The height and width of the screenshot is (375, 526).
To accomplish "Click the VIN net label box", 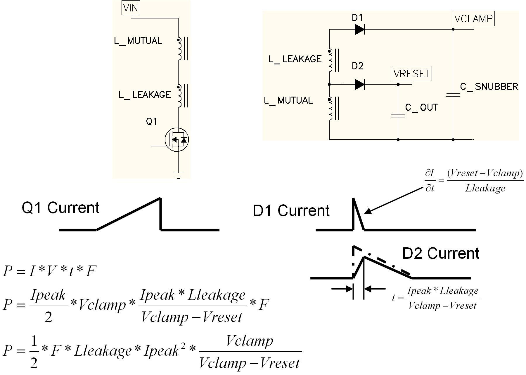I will (x=131, y=8).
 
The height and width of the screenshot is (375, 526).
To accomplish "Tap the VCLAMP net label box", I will (x=474, y=19).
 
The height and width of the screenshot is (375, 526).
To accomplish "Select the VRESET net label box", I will (x=412, y=73).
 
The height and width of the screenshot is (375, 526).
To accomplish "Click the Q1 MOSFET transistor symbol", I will (x=177, y=140).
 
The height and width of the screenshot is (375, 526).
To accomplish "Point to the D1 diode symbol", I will (x=359, y=29).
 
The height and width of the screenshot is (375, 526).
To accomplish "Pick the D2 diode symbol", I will (x=359, y=84).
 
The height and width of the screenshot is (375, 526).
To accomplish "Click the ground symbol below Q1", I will (x=178, y=175).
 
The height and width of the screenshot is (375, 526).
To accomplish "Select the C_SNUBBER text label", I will (x=489, y=87).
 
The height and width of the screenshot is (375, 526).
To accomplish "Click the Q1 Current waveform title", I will (x=60, y=208).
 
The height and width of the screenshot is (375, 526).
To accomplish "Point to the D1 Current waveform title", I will (x=291, y=211).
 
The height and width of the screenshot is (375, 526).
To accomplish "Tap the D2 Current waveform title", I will (x=441, y=254).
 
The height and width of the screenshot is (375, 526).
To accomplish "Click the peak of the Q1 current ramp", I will (x=160, y=199).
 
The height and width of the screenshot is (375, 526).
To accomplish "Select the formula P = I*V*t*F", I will (x=49, y=271).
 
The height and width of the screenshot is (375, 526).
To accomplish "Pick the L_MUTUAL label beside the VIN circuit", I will (x=138, y=41).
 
